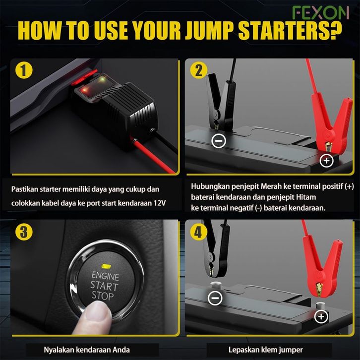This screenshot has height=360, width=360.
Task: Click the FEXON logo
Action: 320,13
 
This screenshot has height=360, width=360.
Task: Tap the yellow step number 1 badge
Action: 24,70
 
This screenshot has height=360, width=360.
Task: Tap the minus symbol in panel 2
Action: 219,140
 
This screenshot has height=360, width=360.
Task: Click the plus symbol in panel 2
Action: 326,161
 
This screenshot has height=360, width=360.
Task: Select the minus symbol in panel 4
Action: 215,298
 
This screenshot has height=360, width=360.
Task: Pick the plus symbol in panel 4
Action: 321,316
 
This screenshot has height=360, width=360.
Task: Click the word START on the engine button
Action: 104,286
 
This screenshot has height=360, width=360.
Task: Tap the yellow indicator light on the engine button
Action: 106,266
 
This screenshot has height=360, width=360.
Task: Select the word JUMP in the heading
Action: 210,30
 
